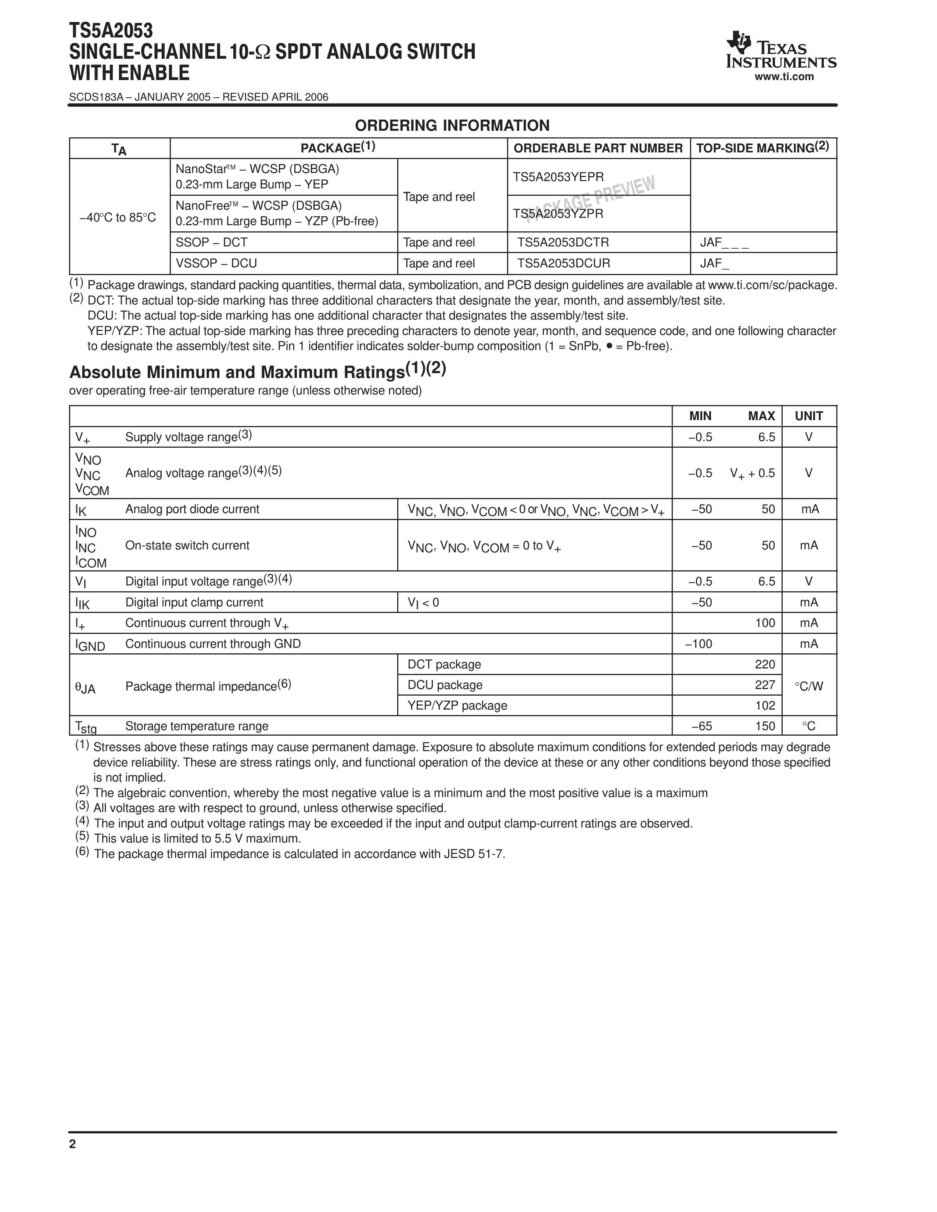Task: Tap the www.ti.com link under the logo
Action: coord(784,77)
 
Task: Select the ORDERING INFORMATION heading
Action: coord(452,125)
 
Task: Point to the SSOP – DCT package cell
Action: coord(212,242)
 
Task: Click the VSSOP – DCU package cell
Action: coord(216,263)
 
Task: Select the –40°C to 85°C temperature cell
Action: coord(118,217)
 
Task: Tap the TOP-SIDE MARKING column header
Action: coord(762,148)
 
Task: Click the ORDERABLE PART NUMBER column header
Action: coord(598,148)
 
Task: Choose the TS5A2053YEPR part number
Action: coord(558,177)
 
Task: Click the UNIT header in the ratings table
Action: coord(809,416)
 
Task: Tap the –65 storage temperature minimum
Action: coord(701,726)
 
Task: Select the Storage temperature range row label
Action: coord(197,726)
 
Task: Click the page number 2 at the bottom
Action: coord(73,1144)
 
